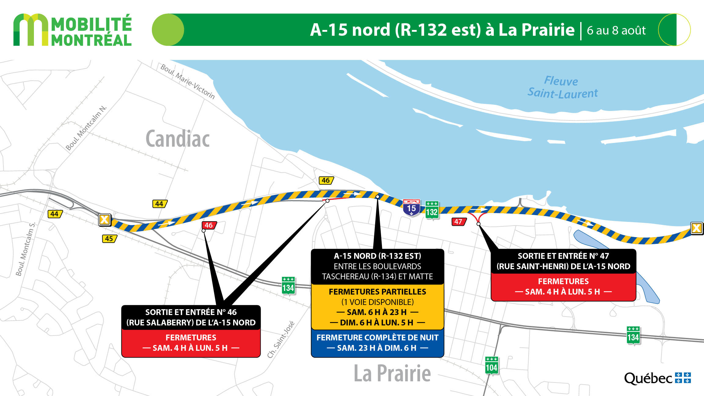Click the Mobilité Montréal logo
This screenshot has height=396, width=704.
72,30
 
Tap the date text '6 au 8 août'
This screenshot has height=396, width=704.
616,31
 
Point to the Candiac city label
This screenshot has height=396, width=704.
178,139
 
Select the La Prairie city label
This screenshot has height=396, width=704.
392,373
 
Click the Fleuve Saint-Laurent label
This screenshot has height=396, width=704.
562,87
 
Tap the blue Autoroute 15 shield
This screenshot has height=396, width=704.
411,208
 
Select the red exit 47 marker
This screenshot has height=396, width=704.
458,222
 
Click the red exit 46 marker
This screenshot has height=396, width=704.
209,226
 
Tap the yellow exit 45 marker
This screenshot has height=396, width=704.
109,239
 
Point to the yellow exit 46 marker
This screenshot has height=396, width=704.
326,180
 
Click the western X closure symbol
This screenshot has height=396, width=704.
105,219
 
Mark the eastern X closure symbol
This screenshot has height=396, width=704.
696,228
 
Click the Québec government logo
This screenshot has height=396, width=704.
657,378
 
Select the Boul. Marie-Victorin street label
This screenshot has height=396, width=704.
188,81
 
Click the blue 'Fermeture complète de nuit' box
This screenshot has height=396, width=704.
377,343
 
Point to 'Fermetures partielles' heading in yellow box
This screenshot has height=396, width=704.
377,292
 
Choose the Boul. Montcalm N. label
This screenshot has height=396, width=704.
86,128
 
